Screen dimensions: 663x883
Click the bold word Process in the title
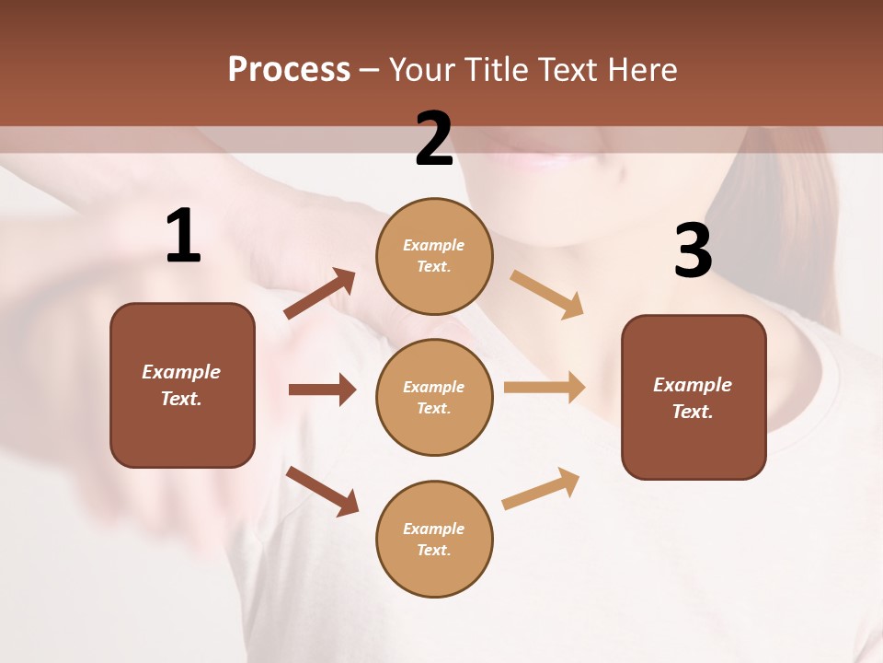click(289, 70)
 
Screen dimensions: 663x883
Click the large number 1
click(183, 237)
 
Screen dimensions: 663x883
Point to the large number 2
click(434, 139)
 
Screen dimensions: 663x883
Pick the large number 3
click(693, 250)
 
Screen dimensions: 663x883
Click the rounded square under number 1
click(182, 385)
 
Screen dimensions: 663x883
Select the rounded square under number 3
click(694, 397)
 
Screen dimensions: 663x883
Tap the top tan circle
click(434, 256)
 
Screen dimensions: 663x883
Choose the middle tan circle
click(434, 397)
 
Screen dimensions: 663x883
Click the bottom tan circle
click(434, 539)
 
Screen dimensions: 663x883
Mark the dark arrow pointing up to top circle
click(320, 294)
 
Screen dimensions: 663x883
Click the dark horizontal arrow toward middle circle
click(322, 390)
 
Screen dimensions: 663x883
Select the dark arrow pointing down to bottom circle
click(322, 491)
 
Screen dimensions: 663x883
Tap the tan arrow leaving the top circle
click(547, 294)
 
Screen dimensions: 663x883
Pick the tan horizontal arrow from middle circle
click(545, 388)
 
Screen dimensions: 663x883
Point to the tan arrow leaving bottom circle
click(541, 488)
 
